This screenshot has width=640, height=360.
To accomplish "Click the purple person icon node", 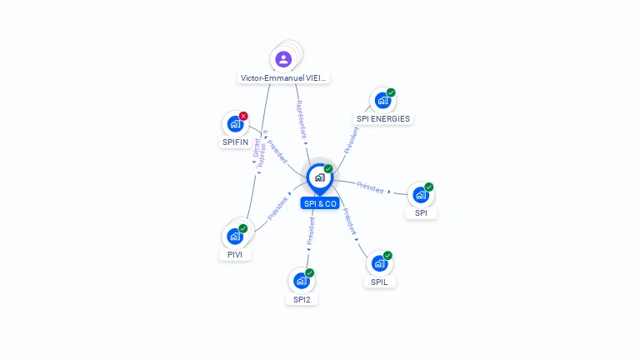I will point(283,59).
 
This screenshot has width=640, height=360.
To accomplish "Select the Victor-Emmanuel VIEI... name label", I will point(284,78).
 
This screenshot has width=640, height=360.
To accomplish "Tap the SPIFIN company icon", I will point(235,124).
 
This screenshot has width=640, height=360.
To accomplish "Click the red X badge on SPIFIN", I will point(243,116).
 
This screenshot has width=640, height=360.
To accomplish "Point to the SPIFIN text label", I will point(235,142).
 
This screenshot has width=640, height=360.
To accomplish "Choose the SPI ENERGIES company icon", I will point(382,101).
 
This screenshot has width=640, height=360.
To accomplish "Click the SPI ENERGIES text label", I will point(383,119).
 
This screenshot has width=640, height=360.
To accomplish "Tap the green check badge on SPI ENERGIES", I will point(391,92).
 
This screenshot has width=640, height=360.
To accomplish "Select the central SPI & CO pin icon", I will point(319,177).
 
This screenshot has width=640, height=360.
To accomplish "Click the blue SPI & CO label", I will point(320,203).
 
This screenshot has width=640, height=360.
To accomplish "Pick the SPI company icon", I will point(421,195).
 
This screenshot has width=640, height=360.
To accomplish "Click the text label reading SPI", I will point(421,213).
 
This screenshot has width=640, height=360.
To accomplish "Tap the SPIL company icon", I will point(379,263).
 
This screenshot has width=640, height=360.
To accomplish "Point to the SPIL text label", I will point(379,282).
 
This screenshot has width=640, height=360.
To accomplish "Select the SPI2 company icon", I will point(302,281).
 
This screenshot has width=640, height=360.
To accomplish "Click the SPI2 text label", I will point(302,299).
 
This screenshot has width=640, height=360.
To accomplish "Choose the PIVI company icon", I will point(235,237).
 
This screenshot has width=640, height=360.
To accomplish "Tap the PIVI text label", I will point(235,255).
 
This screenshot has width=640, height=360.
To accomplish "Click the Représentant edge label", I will point(302,121).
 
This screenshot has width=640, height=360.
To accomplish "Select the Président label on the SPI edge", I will point(370,187).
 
